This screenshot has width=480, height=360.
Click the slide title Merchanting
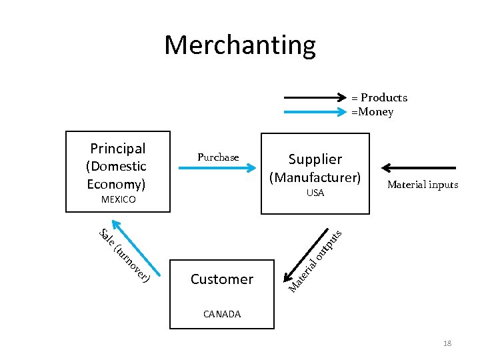click(x=239, y=45)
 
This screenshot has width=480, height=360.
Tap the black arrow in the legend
click(x=314, y=97)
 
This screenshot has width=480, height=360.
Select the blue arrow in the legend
click(x=314, y=112)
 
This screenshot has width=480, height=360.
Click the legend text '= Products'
click(x=379, y=97)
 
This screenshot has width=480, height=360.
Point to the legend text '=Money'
click(x=373, y=112)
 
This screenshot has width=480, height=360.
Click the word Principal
click(x=118, y=148)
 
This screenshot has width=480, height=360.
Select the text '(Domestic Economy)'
click(x=117, y=175)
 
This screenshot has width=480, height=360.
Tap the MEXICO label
click(x=118, y=199)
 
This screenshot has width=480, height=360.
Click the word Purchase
click(x=218, y=157)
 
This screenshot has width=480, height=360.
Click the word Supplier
click(x=315, y=159)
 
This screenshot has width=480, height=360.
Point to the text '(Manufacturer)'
click(x=315, y=178)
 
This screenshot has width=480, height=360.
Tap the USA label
click(x=315, y=193)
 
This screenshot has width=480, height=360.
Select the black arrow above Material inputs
click(x=419, y=169)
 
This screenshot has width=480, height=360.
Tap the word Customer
click(x=221, y=279)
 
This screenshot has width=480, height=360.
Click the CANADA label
click(x=221, y=314)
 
